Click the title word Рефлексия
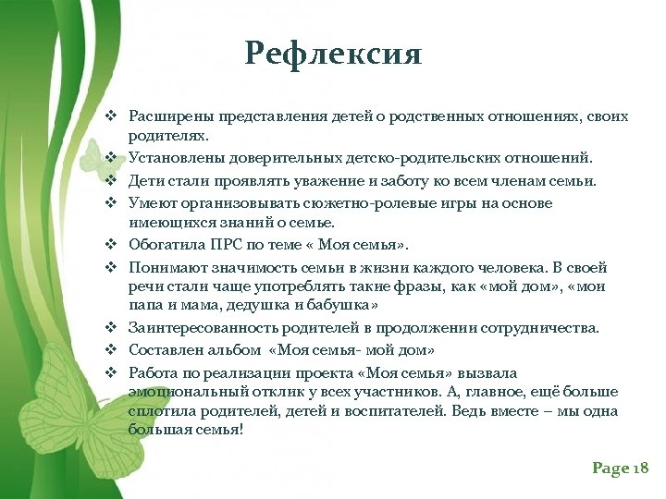pyautogui.click(x=333, y=54)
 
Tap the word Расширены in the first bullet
pyautogui.click(x=164, y=117)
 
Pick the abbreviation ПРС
pyautogui.click(x=226, y=245)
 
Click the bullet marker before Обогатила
pyautogui.click(x=109, y=245)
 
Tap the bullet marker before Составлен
pyautogui.click(x=109, y=350)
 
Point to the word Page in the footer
pyautogui.click(x=610, y=469)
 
